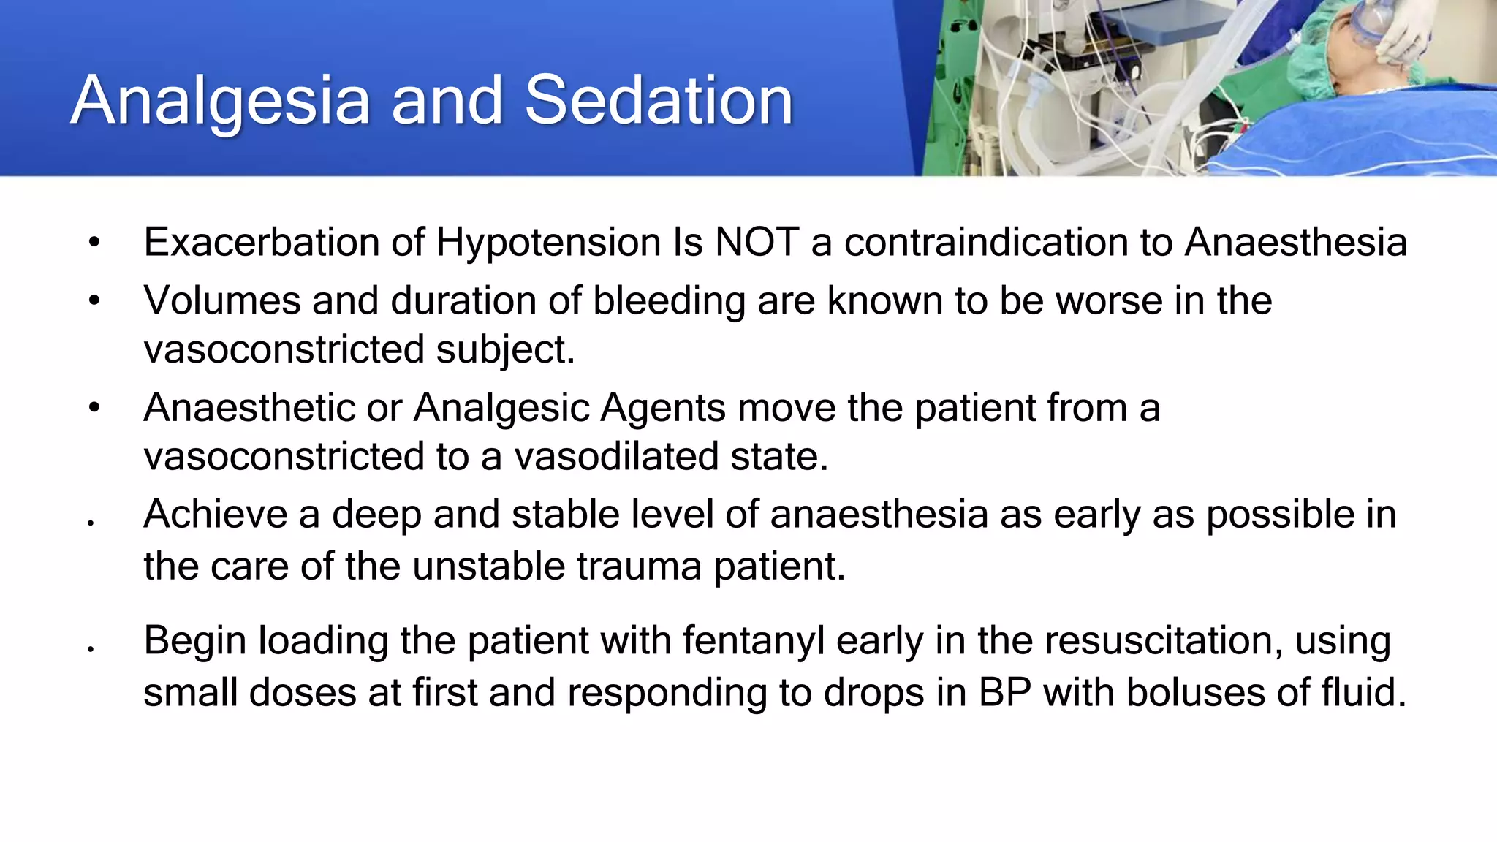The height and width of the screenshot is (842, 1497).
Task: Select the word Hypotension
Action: click(x=548, y=243)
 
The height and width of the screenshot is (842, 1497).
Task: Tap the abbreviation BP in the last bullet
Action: click(x=1005, y=692)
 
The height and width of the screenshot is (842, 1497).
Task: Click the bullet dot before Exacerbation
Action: click(x=94, y=243)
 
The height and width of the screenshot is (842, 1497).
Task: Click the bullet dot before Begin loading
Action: click(x=91, y=649)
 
